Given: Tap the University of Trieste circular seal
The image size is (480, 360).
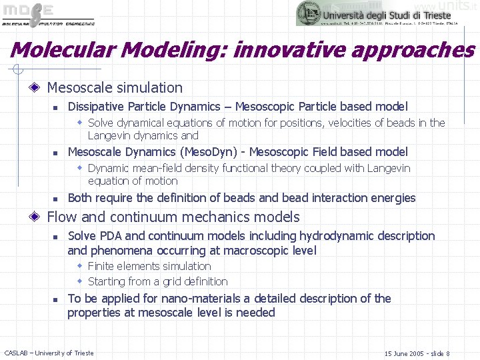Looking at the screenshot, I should point(308,13).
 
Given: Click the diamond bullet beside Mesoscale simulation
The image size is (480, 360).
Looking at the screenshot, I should point(37,88).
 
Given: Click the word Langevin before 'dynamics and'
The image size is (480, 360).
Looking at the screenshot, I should point(111,135).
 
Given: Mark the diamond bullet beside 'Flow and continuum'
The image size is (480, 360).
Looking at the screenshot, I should point(37,217).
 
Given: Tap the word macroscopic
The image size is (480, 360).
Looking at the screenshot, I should point(249,251).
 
